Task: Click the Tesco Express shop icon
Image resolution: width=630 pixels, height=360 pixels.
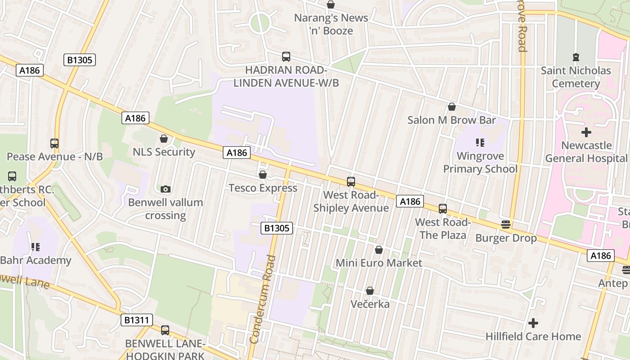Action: click(263, 175)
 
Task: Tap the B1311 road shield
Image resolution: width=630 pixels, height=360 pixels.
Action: click(137, 320)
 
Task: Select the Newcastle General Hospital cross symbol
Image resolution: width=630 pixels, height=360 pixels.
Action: click(586, 132)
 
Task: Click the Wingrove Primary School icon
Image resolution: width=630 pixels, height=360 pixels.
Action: click(480, 143)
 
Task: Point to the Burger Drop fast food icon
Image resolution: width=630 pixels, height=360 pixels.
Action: click(506, 225)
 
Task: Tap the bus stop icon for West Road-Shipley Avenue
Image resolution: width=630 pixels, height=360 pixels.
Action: click(351, 182)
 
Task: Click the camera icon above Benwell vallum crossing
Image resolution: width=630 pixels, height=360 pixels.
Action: click(165, 189)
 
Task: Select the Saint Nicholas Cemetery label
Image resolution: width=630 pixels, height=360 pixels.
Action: click(576, 77)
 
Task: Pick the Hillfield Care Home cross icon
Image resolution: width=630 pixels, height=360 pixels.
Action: click(533, 323)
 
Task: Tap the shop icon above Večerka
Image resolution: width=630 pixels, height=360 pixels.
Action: click(369, 291)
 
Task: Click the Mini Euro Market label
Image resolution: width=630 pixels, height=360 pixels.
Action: click(379, 263)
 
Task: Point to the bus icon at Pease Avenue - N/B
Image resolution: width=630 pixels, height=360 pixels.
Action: click(54, 144)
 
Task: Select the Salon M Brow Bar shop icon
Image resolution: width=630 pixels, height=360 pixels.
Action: click(451, 107)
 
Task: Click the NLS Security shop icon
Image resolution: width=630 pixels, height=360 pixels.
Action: click(164, 139)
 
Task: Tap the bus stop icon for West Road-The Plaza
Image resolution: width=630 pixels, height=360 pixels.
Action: click(443, 209)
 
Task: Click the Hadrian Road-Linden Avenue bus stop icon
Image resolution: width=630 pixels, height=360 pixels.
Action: click(286, 57)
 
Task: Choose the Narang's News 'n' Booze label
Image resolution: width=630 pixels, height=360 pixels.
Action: click(331, 24)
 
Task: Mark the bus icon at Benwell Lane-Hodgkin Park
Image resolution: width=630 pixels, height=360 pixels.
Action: click(165, 330)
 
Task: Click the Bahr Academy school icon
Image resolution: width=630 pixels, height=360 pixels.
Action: click(35, 247)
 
